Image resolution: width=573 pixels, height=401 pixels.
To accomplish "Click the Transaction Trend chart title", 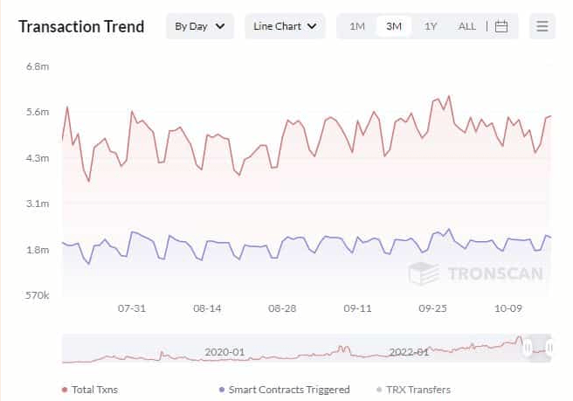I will (x=81, y=26).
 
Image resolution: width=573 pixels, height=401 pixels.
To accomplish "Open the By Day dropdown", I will (x=200, y=26).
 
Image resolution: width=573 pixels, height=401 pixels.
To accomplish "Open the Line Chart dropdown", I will (x=285, y=26).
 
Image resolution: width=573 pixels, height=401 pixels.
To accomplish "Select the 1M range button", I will (x=357, y=26).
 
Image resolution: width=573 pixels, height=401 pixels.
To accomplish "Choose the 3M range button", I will (x=394, y=26).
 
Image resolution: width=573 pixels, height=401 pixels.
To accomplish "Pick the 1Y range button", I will (x=431, y=26).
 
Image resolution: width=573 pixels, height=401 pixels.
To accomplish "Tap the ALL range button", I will (x=467, y=26).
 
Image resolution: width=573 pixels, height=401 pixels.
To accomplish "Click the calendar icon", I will (x=501, y=26).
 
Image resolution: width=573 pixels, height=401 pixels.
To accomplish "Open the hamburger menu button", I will (x=542, y=26).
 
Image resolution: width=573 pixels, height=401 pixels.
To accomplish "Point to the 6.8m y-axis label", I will (x=37, y=66).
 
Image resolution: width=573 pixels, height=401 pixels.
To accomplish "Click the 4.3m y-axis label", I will (x=37, y=158).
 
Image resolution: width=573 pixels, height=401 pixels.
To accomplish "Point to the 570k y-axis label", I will (x=37, y=295).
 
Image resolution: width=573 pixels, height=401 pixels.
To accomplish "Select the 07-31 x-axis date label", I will (x=132, y=308).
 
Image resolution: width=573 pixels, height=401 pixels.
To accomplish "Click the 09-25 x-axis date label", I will (x=432, y=308).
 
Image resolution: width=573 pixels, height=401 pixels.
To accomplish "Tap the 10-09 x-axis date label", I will (x=507, y=308).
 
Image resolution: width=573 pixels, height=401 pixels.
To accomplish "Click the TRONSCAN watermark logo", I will (x=476, y=273).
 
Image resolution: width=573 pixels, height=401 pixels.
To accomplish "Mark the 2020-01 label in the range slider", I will (x=224, y=352).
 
